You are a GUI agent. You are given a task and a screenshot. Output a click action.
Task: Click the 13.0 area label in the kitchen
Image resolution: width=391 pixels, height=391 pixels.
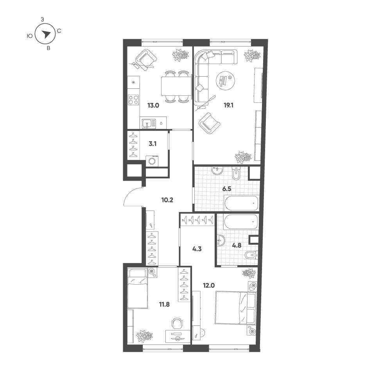153,106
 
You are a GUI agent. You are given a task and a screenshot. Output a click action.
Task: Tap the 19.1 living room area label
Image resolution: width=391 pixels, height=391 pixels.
228,106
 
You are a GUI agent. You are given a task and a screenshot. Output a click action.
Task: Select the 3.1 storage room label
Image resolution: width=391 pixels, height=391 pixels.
152,144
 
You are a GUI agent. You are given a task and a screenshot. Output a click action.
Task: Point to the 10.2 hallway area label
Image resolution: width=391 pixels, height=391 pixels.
167,200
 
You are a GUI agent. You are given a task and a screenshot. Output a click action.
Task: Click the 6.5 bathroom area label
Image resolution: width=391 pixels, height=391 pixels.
227,189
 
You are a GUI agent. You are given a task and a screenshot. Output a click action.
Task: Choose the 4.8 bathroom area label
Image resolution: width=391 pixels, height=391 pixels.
237,246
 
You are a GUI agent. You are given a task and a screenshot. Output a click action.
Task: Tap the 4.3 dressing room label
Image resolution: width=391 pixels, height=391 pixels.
197,249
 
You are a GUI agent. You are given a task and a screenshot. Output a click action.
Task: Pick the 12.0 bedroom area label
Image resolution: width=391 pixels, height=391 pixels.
209,285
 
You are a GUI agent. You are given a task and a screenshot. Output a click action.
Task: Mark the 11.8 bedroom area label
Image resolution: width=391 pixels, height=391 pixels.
164,304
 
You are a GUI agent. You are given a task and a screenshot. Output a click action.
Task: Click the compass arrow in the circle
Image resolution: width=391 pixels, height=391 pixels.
46,34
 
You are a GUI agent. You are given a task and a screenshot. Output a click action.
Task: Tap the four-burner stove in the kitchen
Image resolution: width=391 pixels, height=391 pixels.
133,100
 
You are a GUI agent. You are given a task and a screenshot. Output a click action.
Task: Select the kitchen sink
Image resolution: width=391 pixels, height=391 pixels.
149,124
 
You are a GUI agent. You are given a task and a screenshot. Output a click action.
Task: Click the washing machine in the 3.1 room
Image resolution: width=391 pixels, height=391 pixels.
152,161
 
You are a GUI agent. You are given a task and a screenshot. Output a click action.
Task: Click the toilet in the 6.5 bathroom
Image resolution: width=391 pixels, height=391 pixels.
236,173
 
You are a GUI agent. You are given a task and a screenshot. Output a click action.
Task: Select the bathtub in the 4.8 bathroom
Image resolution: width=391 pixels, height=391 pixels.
241,221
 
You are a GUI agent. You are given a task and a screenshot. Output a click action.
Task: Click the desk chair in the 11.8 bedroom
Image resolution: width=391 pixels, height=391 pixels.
177,323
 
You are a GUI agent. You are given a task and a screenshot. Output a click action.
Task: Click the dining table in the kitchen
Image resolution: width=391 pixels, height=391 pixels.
176,86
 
